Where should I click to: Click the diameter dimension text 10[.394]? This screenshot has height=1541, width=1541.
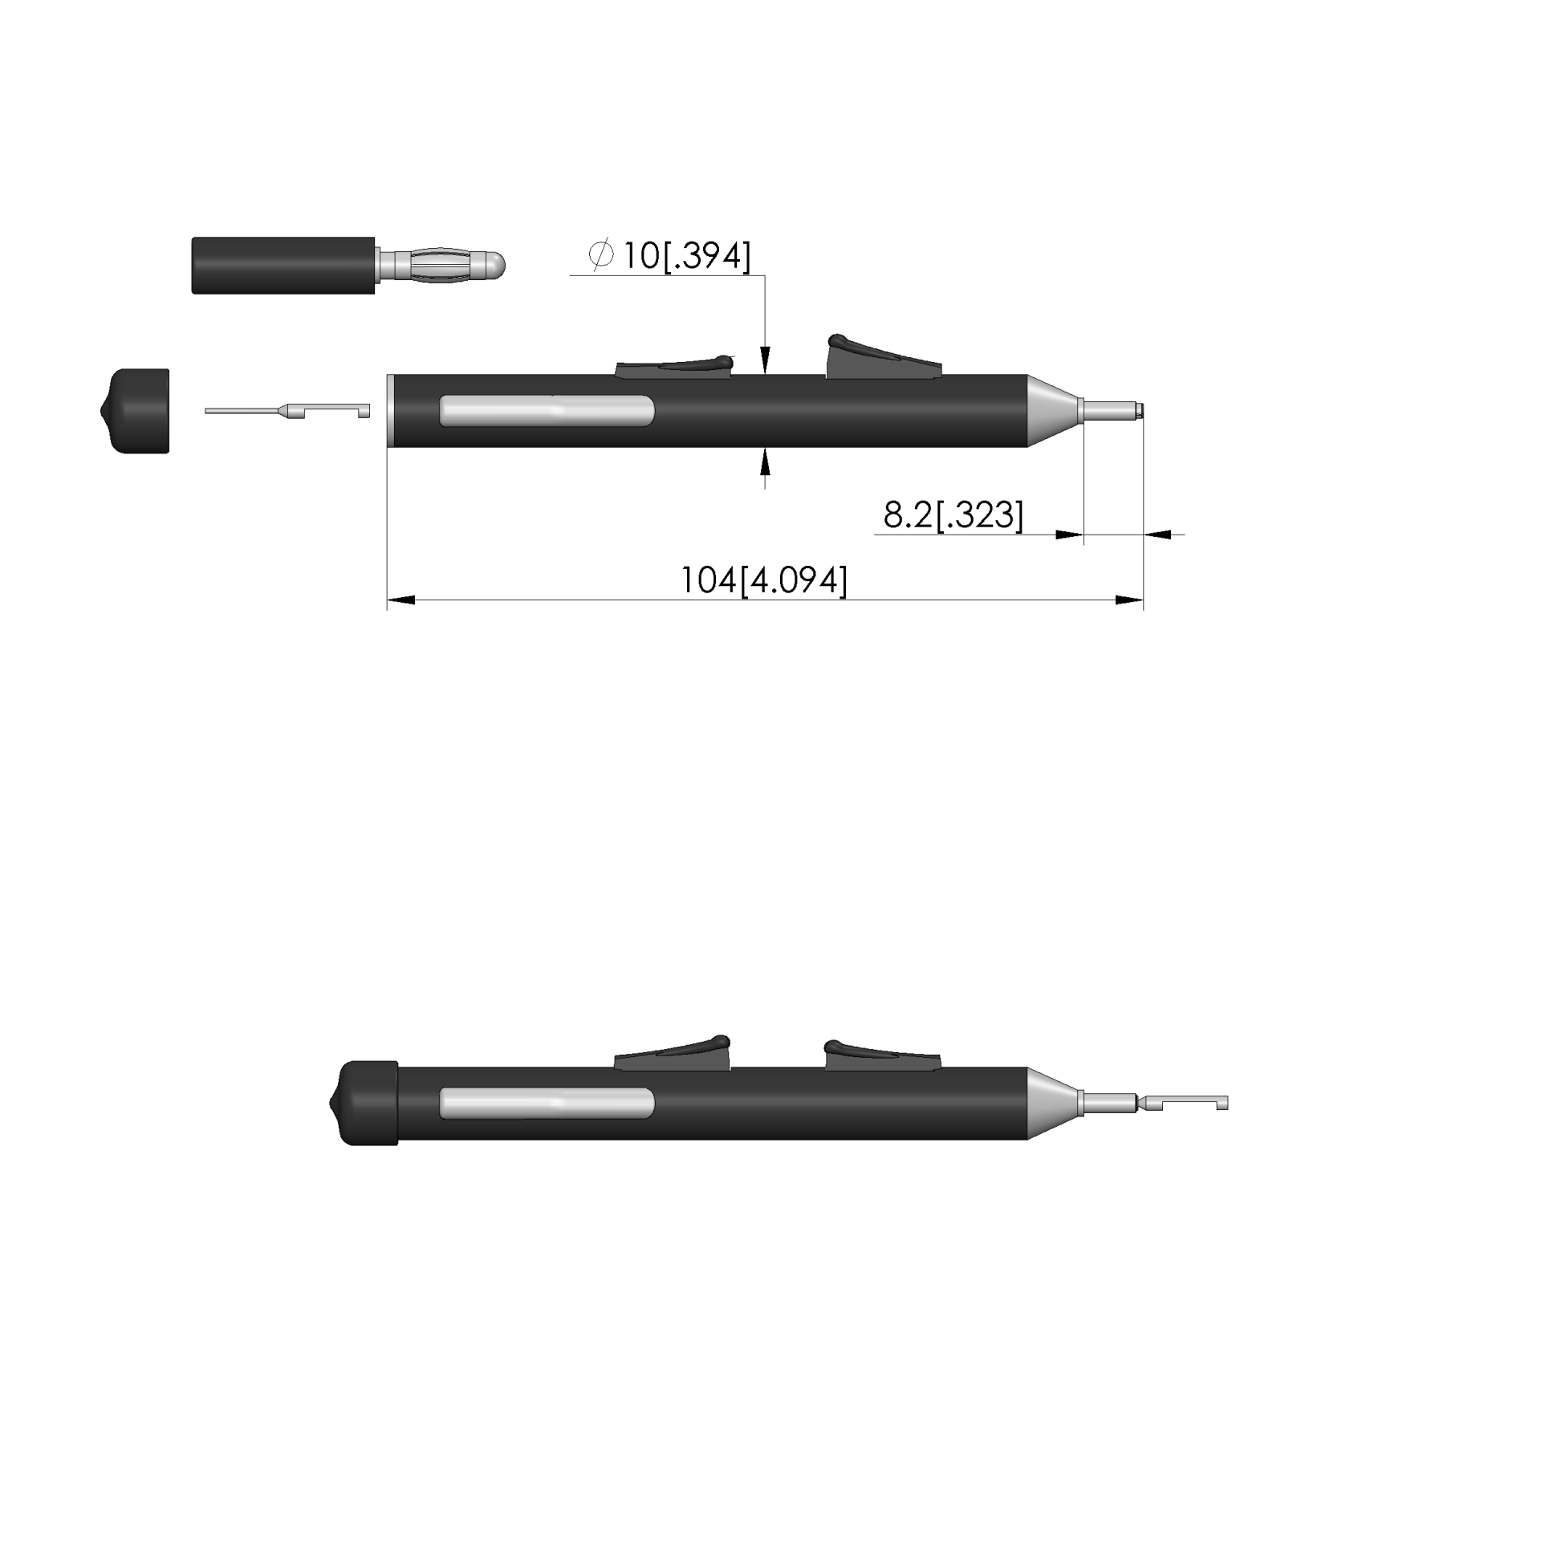[x=687, y=256]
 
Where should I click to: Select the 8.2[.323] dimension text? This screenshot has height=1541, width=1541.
[x=953, y=514]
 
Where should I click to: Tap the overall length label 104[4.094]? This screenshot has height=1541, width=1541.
[x=764, y=580]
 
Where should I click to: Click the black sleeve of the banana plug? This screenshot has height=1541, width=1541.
[x=283, y=265]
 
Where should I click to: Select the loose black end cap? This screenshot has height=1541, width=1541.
[x=135, y=411]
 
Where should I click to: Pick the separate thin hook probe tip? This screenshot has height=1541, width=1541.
[x=287, y=411]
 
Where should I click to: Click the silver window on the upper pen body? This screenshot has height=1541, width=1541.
[x=547, y=410]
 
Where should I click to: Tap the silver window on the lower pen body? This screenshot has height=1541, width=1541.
[x=547, y=1104]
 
